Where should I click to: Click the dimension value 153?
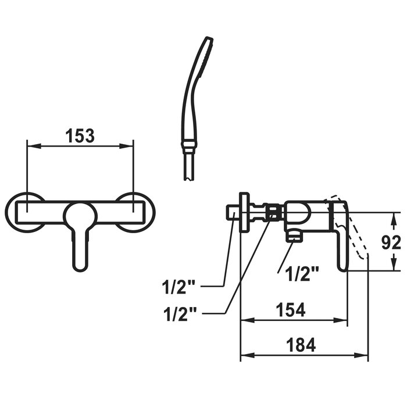click(80, 135)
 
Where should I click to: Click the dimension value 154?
click(291, 310)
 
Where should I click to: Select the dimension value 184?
click(301, 345)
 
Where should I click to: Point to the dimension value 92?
click(391, 243)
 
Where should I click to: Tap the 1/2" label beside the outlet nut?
click(302, 274)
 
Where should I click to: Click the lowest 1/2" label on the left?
click(180, 313)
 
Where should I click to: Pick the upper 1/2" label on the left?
click(178, 287)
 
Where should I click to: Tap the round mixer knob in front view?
click(81, 217)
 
